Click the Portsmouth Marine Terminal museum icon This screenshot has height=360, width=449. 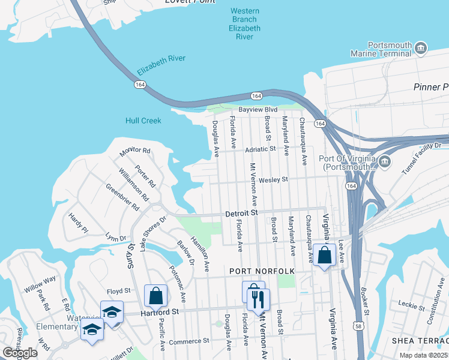421,47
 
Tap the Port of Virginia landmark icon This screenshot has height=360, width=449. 385,161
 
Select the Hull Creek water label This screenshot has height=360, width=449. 143,121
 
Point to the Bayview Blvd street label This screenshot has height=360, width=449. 258,110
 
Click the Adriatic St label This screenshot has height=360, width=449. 260,148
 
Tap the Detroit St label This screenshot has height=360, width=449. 241,213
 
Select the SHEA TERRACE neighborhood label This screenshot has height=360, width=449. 420,341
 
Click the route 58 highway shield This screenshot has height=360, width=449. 358,325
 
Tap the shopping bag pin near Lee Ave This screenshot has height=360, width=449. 324,255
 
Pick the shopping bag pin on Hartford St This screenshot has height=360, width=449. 155,296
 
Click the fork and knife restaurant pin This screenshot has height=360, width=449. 259,299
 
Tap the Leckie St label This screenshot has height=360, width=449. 411,305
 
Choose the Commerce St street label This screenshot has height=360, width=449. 189,340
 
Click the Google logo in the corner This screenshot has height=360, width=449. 20,353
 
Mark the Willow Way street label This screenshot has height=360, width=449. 40,283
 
